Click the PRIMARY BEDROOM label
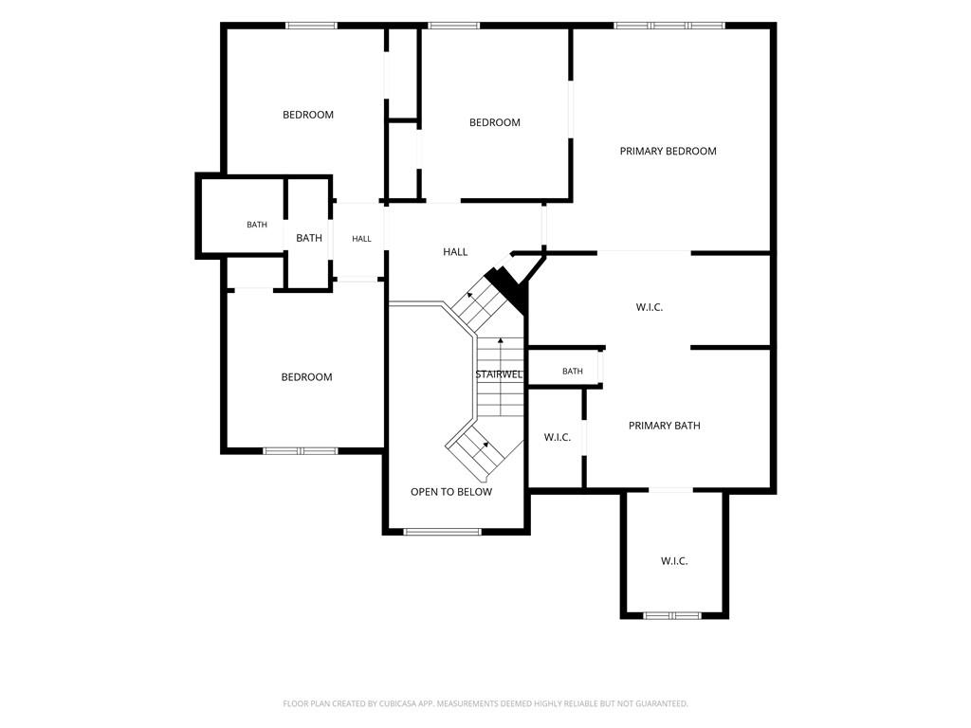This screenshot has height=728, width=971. click(x=668, y=151)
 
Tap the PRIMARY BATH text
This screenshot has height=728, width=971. click(x=664, y=426)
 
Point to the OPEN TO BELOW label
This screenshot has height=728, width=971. click(x=450, y=492)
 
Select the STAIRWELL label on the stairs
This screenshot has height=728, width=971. click(x=499, y=374)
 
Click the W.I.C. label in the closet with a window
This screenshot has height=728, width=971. click(x=674, y=561)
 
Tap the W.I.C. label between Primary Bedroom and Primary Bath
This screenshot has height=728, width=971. click(x=649, y=307)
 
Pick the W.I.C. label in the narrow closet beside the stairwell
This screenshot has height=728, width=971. click(x=558, y=437)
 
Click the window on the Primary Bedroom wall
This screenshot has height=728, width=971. click(x=669, y=26)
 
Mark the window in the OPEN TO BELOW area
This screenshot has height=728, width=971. click(x=442, y=531)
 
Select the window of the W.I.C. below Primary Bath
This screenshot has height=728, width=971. click(x=672, y=615)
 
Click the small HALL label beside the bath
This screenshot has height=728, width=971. click(x=361, y=239)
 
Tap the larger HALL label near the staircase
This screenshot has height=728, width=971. click(x=455, y=252)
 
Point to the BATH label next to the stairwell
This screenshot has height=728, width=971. click(x=572, y=372)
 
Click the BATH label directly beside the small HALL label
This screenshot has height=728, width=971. click(x=309, y=238)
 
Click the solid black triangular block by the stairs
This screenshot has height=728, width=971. click(x=509, y=288)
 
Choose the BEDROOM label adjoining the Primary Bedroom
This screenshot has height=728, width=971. click(x=495, y=122)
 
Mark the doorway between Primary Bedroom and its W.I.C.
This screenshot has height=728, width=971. click(x=644, y=252)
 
